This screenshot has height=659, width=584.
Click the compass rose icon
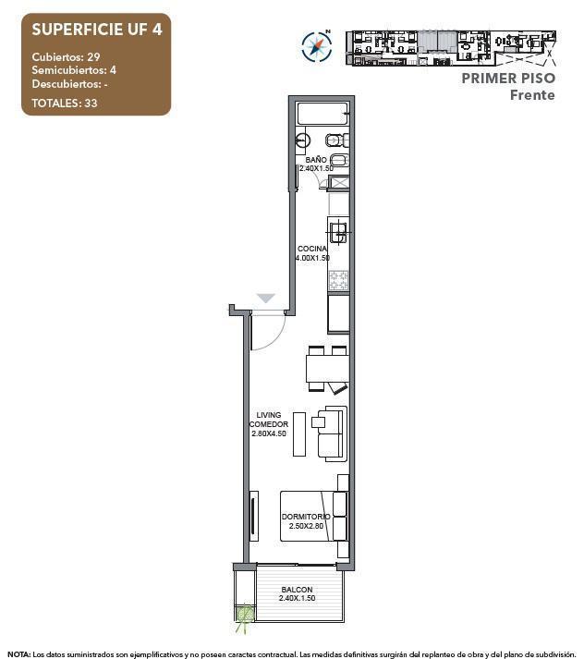[316, 45]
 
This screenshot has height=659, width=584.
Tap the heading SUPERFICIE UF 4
[96, 29]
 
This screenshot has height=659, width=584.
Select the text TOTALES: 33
[65, 103]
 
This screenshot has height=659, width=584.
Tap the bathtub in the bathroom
[322, 116]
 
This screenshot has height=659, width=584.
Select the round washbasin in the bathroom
[304, 141]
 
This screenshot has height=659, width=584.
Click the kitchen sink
[339, 231]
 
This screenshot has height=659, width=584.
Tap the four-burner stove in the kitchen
[338, 281]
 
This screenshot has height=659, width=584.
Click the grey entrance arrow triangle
[266, 299]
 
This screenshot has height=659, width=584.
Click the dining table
[326, 369]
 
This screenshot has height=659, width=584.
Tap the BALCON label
[298, 590]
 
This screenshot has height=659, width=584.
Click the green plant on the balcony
[245, 614]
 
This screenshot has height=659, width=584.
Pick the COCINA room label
[312, 249]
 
